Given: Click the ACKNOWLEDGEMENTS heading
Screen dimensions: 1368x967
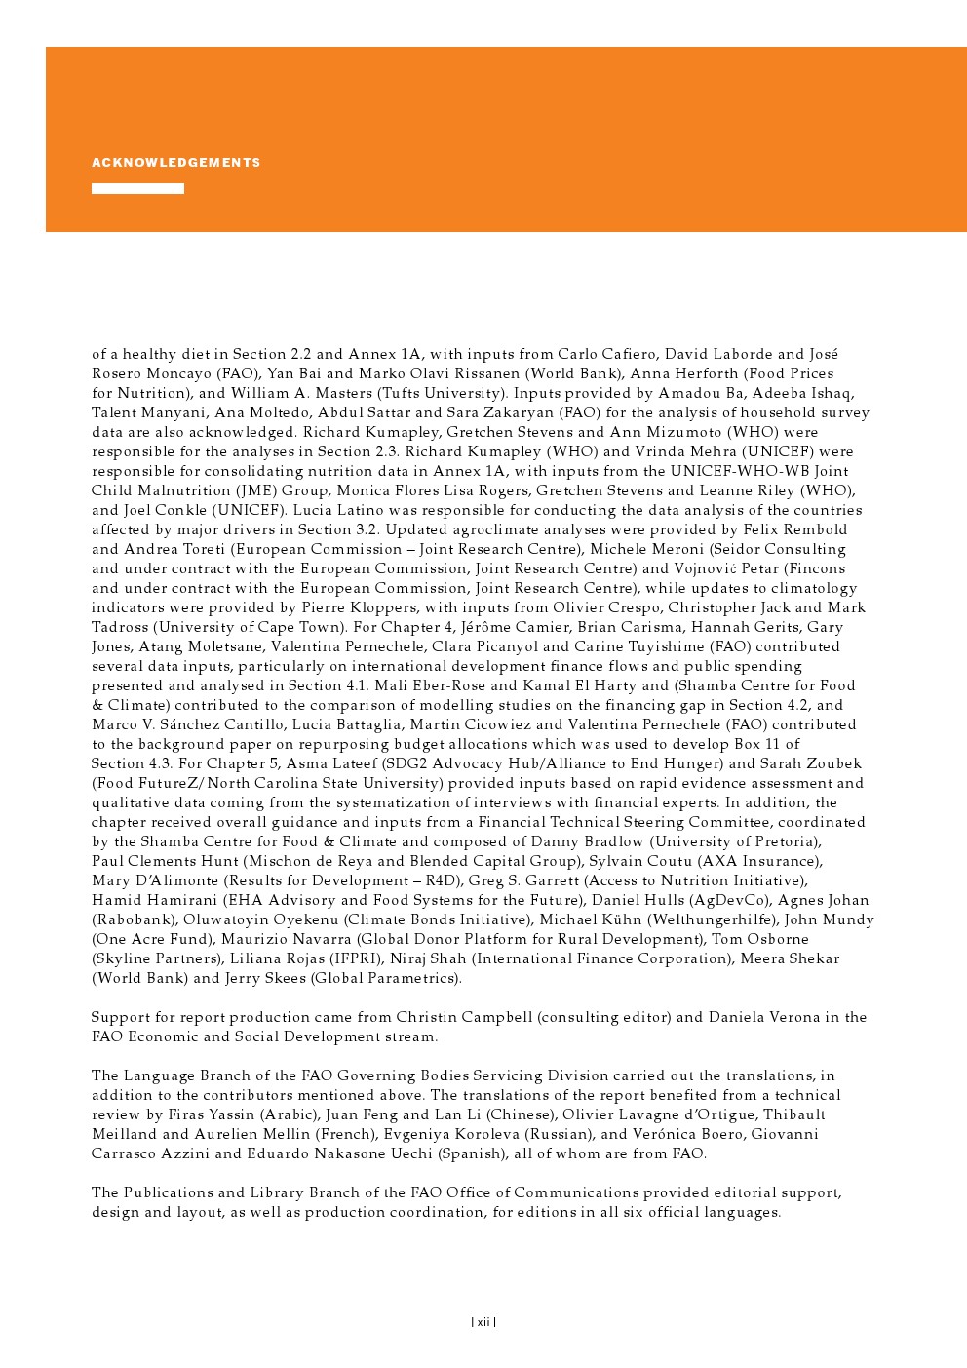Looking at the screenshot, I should tap(176, 163).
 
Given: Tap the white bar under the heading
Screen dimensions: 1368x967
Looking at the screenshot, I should tap(137, 189).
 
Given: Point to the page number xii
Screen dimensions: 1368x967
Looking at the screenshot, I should tap(483, 1322).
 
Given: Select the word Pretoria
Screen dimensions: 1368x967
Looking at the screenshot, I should tap(785, 841).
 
